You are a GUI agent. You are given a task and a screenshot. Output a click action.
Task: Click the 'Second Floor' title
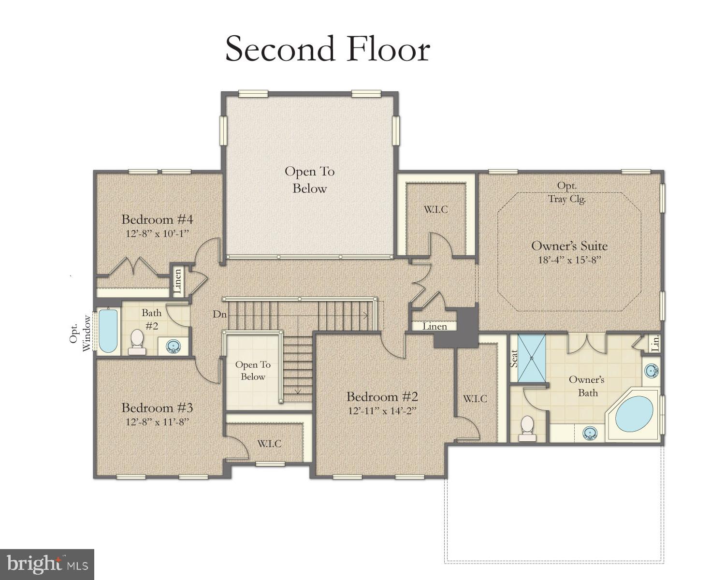(x=328, y=49)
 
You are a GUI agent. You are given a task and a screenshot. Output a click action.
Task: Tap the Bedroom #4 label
(x=157, y=219)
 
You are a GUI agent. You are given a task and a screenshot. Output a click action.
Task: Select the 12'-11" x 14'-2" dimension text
(x=382, y=411)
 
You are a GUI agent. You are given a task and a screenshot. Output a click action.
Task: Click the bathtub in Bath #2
(x=108, y=331)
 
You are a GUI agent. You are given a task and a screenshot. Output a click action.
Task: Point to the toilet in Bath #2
(x=137, y=342)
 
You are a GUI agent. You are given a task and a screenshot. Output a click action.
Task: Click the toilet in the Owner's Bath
(x=527, y=428)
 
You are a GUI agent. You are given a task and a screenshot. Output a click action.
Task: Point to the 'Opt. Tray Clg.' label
(x=567, y=192)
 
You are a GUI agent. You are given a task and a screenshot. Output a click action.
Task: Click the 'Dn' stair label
(x=219, y=314)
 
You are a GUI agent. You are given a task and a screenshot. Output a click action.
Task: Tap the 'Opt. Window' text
(x=79, y=333)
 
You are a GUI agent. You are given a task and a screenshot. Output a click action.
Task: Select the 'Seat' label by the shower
(x=514, y=358)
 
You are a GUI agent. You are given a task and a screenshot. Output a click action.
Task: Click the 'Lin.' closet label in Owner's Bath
(x=655, y=343)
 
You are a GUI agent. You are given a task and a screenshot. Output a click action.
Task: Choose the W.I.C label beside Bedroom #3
(x=269, y=444)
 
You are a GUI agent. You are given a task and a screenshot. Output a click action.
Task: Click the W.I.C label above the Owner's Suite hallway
(x=435, y=209)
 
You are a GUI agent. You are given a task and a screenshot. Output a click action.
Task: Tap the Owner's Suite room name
(x=569, y=246)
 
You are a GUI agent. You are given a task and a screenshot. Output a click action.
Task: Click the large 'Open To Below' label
(x=309, y=180)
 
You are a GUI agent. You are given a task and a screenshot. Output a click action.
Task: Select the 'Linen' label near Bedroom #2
(x=435, y=326)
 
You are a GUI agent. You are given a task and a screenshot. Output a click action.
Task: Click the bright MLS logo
(x=47, y=564)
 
